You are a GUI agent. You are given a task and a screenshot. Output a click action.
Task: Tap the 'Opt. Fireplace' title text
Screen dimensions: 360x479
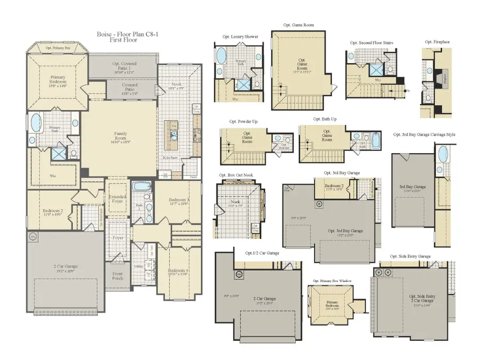tap(435, 42)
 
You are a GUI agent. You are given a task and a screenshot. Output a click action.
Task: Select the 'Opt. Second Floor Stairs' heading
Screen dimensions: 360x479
tap(371, 43)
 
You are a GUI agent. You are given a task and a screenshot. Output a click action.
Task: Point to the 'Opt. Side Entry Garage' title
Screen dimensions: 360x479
tap(410, 256)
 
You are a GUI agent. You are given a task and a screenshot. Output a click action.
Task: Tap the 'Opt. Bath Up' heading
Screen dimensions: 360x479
tap(324, 119)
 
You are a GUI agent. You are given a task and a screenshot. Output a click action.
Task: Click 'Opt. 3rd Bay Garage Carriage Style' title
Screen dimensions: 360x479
tap(424, 135)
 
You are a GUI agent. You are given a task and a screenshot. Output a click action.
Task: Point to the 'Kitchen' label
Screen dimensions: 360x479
tap(170, 158)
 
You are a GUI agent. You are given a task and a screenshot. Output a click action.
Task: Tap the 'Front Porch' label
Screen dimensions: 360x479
tap(117, 277)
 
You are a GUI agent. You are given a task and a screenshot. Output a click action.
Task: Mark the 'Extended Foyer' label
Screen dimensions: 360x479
tap(117, 199)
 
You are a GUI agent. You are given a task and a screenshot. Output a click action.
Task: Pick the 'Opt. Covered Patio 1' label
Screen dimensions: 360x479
tap(122, 66)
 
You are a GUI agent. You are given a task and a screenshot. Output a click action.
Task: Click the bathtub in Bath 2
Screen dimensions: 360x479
tap(141, 187)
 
